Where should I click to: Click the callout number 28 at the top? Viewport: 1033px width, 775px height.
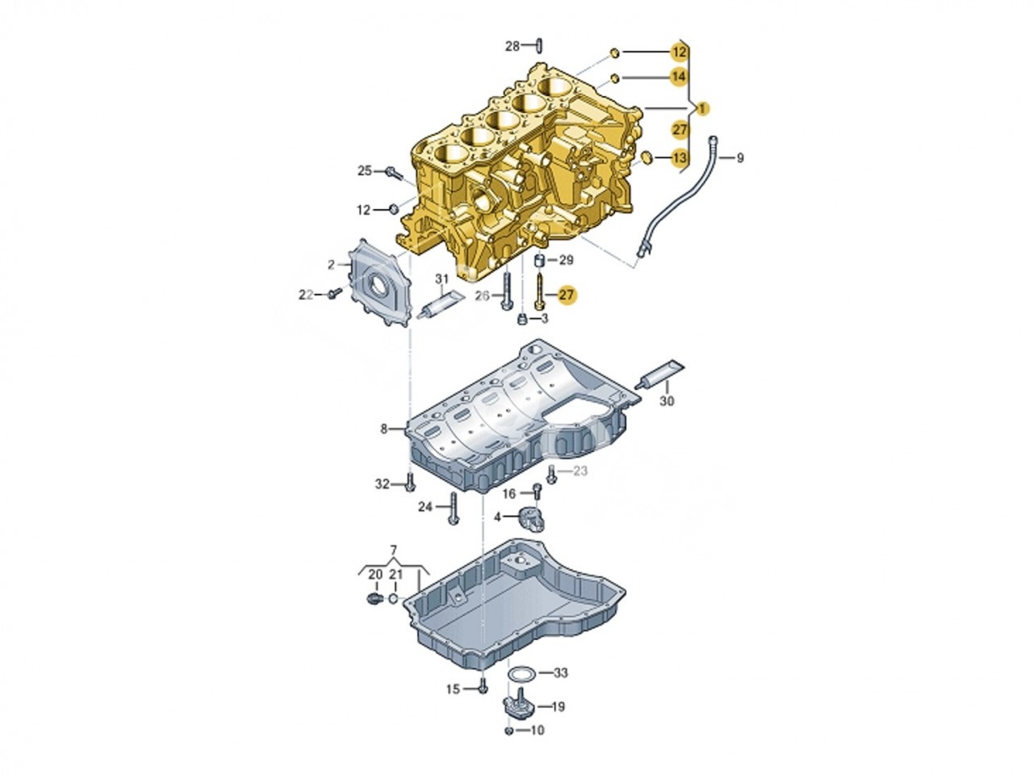513,46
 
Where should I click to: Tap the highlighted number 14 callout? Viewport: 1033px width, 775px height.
680,77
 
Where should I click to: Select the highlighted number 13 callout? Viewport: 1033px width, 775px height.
680,157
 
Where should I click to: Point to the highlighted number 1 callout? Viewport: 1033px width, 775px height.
703,108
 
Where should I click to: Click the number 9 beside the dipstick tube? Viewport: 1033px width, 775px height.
740,158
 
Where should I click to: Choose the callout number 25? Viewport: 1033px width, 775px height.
366,170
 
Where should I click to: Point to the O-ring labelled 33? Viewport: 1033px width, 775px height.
521,672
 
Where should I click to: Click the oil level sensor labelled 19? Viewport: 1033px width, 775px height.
520,707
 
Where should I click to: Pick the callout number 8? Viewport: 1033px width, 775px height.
384,429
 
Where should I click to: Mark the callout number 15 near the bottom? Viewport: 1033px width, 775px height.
453,689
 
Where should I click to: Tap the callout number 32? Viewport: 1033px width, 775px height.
383,484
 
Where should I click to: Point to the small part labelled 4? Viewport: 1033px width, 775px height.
532,514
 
